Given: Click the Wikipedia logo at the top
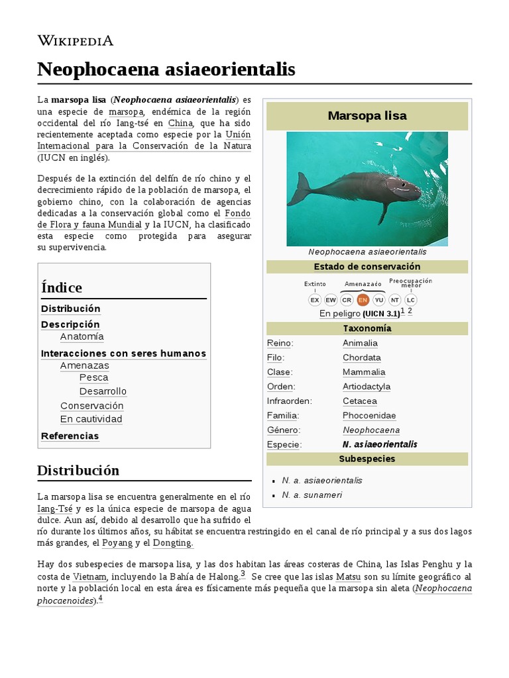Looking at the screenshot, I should coord(75,40).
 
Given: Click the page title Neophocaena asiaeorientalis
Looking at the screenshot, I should coord(166,69).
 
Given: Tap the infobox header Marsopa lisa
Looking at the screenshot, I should coord(367,116).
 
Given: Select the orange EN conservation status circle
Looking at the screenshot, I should coord(363,300).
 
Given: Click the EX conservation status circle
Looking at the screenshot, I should coord(315,300).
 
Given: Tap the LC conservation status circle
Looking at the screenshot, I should coord(411,300).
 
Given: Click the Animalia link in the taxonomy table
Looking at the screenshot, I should coord(360,343).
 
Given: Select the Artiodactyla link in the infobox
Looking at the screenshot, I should coord(366,387).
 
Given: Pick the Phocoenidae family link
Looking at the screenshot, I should coord(369,416).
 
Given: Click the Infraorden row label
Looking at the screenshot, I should coord(289,401).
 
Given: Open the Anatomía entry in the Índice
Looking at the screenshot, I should coord(82,336).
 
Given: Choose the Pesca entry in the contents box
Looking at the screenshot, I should coord(93,377).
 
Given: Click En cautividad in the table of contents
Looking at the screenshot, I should coord(91,419).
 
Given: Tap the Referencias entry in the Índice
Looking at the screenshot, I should coord(70,436).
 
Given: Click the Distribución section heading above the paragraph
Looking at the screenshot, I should coord(78,471).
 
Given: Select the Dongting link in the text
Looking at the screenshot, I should coord(172,543).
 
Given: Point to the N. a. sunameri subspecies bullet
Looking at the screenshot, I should coord(312,495).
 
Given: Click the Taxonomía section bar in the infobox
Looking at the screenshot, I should coord(367,328).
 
